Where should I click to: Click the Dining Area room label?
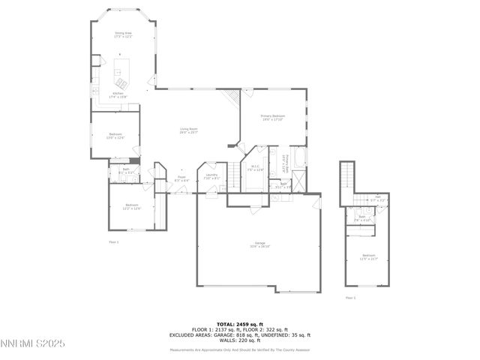(123, 34)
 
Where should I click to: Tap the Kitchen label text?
(118, 94)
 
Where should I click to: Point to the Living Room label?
(188, 130)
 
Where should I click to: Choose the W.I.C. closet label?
(255, 168)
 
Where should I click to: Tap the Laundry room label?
(211, 176)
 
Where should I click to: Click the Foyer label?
(181, 179)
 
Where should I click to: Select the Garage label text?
(259, 244)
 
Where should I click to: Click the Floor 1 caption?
(114, 242)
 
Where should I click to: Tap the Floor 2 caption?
(350, 298)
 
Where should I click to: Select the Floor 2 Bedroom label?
(368, 256)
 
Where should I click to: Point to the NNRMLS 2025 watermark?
(33, 343)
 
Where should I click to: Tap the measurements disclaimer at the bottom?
(239, 350)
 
